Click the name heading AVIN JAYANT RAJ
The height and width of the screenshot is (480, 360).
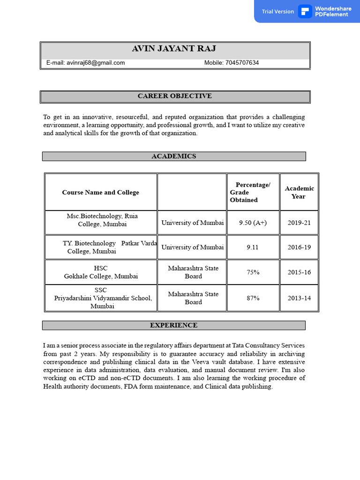click(174, 49)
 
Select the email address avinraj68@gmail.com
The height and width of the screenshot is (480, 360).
click(96, 63)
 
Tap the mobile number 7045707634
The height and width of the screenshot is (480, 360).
click(242, 63)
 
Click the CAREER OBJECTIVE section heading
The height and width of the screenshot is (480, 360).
click(174, 96)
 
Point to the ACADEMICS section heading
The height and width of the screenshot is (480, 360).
click(174, 156)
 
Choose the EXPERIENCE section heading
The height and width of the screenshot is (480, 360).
click(173, 325)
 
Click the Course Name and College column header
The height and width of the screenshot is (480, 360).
click(100, 192)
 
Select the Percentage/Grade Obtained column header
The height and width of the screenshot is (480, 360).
click(253, 192)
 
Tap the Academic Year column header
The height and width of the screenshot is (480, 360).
click(299, 192)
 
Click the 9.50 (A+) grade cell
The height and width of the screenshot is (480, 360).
click(253, 223)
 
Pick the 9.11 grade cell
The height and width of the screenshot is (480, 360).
click(253, 247)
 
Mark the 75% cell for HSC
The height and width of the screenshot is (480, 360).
click(253, 272)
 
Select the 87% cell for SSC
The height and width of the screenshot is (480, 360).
click(253, 298)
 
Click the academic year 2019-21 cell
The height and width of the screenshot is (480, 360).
click(299, 223)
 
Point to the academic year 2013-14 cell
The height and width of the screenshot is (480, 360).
click(299, 298)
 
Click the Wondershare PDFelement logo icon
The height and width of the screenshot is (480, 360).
click(305, 11)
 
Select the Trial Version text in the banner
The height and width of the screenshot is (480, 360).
click(278, 11)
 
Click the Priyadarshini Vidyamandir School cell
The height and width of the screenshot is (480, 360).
click(103, 298)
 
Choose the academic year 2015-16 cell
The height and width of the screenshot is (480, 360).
click(299, 272)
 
